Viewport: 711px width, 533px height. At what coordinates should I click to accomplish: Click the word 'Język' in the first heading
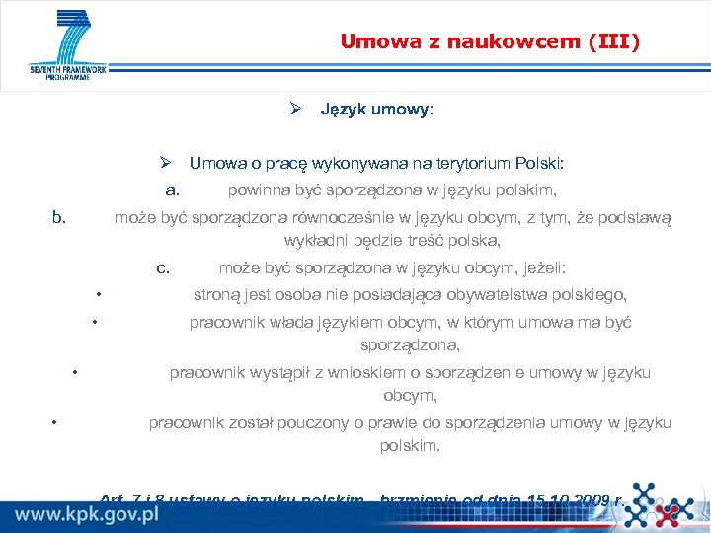(342, 110)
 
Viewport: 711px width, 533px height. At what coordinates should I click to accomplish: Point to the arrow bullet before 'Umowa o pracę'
(168, 163)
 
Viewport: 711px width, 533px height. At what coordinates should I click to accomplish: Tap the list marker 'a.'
(172, 190)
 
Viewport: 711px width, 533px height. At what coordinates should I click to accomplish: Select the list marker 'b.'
(59, 217)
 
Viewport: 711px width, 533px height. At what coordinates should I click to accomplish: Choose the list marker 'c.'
(163, 267)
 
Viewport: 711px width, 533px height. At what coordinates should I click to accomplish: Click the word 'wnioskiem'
(346, 372)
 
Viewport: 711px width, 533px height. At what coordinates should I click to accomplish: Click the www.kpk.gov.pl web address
(87, 515)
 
